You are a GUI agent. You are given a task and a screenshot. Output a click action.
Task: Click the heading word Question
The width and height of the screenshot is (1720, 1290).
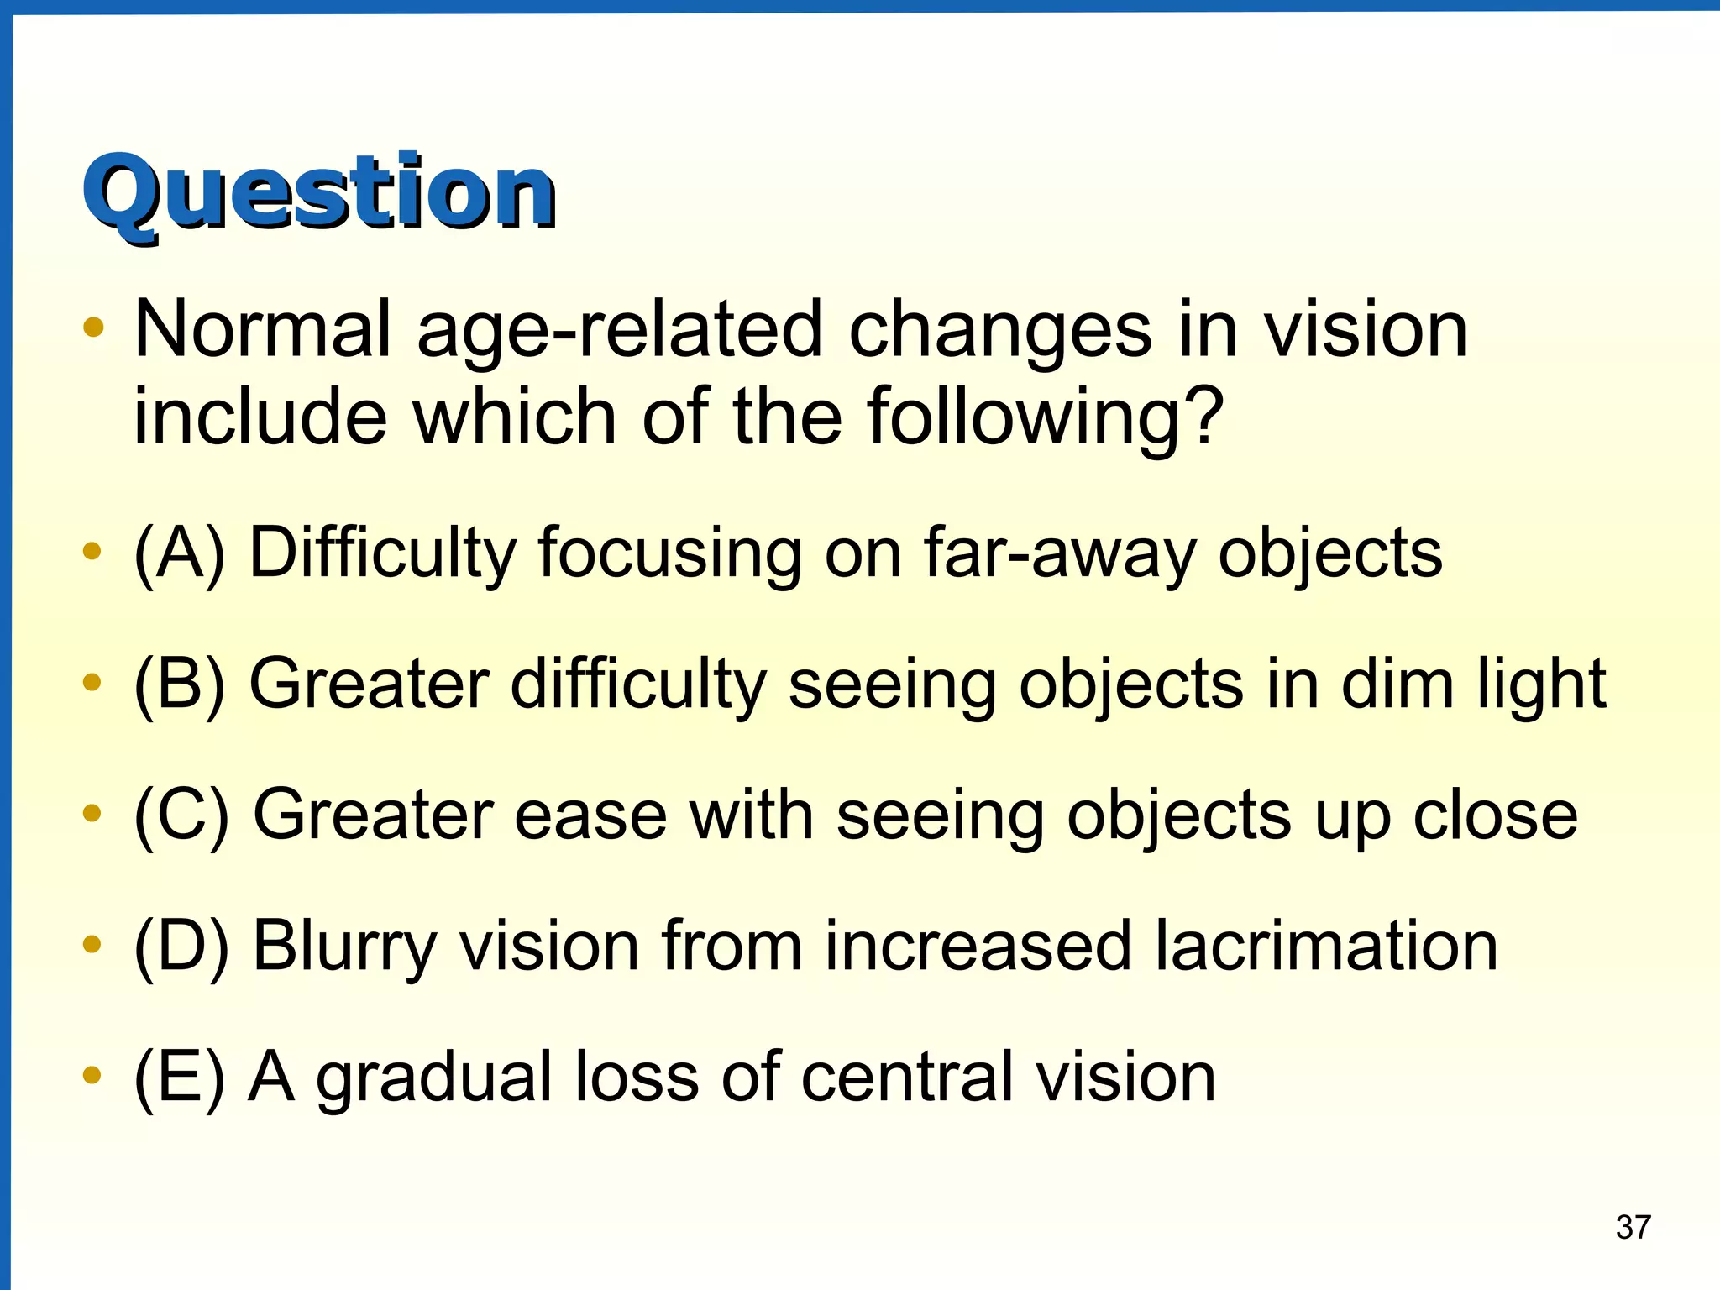pyautogui.click(x=319, y=193)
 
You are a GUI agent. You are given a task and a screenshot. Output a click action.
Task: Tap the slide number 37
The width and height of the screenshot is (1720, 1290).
pyautogui.click(x=1633, y=1227)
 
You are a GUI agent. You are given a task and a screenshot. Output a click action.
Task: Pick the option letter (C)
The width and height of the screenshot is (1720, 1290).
pyautogui.click(x=181, y=815)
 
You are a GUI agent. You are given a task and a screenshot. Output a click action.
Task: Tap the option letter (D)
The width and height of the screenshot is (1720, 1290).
pyautogui.click(x=181, y=947)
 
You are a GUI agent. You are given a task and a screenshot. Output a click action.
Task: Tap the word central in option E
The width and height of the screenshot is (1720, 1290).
pyautogui.click(x=905, y=1078)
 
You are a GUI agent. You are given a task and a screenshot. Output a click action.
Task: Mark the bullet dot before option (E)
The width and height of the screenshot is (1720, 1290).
pyautogui.click(x=92, y=1074)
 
